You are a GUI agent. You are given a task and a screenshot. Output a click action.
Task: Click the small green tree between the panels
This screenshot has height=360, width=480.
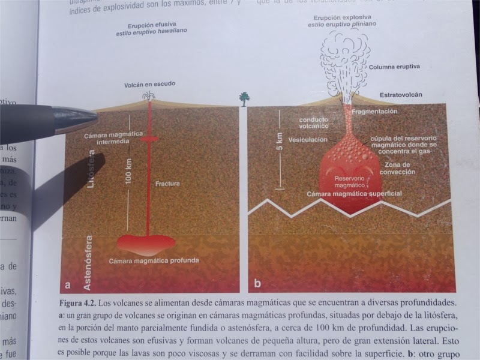244,98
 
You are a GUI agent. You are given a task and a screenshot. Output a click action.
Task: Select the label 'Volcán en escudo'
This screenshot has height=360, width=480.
149,85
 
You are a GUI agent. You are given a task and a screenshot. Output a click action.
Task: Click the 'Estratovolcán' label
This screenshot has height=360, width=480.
401,95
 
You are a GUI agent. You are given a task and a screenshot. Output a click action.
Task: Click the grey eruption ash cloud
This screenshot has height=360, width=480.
343,54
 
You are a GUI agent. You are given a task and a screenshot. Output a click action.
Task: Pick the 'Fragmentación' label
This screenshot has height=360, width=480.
375,112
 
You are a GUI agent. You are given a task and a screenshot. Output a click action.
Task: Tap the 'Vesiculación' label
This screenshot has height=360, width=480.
308,139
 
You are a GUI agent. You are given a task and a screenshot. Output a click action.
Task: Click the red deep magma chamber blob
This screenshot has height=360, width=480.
146,242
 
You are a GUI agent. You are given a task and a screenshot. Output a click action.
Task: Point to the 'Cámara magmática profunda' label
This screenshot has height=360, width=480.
154,262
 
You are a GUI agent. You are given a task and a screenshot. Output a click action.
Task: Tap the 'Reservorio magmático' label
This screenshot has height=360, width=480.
349,182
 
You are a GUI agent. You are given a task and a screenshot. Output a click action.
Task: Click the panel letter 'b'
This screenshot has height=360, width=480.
258,283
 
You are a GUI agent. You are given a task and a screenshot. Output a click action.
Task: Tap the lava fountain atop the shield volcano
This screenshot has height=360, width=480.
148,96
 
